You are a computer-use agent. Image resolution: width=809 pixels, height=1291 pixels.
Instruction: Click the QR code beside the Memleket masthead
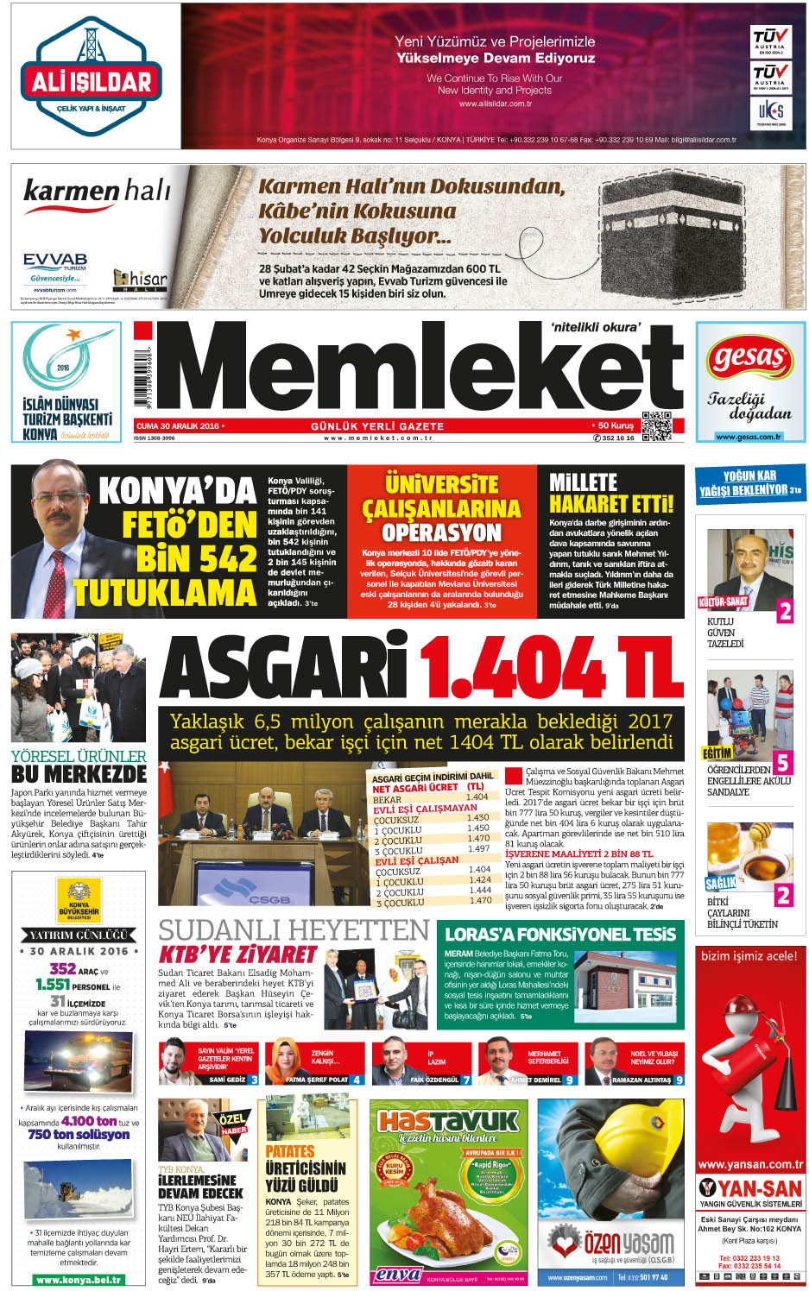coord(656,426)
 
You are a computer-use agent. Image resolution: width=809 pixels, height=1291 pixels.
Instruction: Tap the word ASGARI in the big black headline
coord(283,667)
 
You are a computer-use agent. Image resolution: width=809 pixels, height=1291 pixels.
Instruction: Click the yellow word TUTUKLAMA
coord(165,593)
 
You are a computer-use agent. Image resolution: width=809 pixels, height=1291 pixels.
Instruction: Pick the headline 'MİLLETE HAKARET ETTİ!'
coord(610,494)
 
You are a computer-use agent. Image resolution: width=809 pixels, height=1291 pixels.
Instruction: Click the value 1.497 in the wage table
coord(479,848)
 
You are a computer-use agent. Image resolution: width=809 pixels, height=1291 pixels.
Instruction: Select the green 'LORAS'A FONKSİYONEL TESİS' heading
coord(560,934)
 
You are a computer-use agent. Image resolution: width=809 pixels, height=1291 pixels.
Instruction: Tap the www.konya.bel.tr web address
coord(79,1280)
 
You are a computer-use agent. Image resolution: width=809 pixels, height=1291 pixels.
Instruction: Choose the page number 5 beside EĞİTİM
coord(782,762)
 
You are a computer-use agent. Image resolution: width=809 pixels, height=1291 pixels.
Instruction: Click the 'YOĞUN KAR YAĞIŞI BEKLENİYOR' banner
coord(749,482)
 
